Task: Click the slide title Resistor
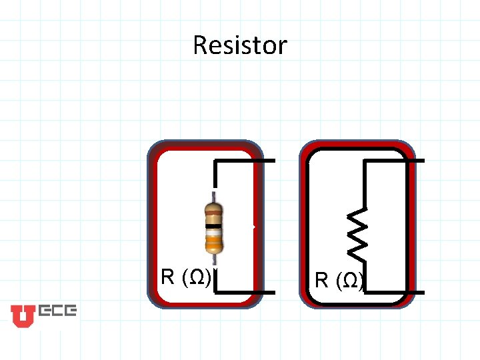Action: click(x=240, y=45)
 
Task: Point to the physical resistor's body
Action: click(x=213, y=230)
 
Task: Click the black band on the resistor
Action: click(x=213, y=227)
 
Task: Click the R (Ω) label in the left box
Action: click(x=187, y=277)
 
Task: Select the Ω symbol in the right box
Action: click(x=350, y=281)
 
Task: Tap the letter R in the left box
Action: click(x=168, y=277)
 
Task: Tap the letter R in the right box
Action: click(x=322, y=280)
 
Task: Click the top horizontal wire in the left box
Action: click(x=245, y=161)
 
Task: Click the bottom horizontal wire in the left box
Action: click(x=245, y=292)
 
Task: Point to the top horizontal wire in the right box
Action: click(x=394, y=161)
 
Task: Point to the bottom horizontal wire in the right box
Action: click(x=394, y=292)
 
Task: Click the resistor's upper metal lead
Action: click(x=213, y=197)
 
